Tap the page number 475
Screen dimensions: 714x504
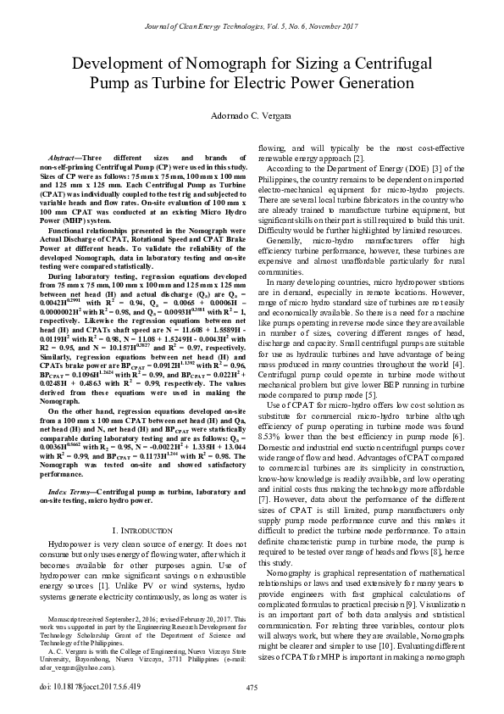click(x=252, y=686)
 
